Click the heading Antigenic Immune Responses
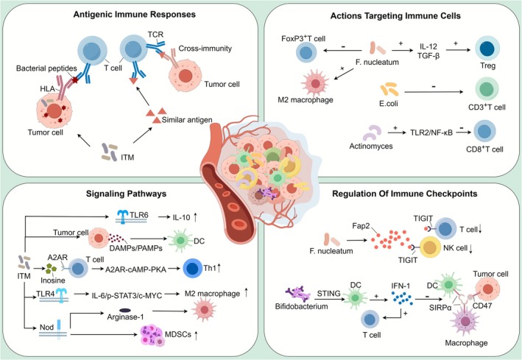click(x=135, y=14)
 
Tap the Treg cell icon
click(x=487, y=49)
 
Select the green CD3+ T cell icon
click(x=487, y=90)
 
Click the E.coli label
click(x=389, y=104)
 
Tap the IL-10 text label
click(x=181, y=217)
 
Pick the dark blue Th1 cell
click(x=193, y=269)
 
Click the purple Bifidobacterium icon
click(x=298, y=294)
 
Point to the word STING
click(x=328, y=294)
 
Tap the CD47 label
click(x=482, y=305)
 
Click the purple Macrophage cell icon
click(x=465, y=321)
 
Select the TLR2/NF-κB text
click(x=431, y=133)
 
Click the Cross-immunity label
click(x=205, y=49)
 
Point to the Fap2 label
click(x=361, y=226)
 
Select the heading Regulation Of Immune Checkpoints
click(x=404, y=194)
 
